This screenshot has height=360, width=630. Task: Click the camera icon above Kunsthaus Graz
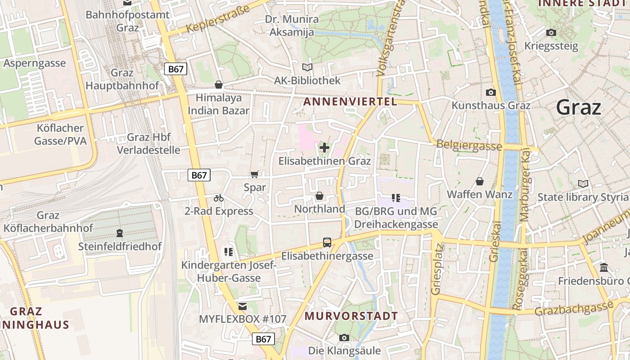click(x=491, y=93)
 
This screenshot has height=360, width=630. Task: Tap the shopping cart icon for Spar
click(x=255, y=174)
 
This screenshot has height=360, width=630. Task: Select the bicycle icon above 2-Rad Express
click(x=219, y=198)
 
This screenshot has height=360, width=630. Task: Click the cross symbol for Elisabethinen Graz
click(x=324, y=148)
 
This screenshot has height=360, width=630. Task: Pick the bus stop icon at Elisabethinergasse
click(x=327, y=243)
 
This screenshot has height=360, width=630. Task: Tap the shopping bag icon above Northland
click(x=319, y=196)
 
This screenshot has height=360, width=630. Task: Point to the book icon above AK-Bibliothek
click(x=307, y=67)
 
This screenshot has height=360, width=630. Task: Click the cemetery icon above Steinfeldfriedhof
click(x=120, y=233)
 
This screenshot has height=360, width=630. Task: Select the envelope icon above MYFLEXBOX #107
click(x=243, y=306)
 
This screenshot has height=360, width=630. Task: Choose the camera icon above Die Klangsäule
click(x=344, y=337)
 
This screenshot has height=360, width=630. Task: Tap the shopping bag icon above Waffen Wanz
click(x=480, y=181)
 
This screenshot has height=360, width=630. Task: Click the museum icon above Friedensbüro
click(x=604, y=268)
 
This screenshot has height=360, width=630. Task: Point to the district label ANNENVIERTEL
click(x=350, y=102)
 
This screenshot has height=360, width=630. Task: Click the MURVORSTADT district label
click(x=351, y=316)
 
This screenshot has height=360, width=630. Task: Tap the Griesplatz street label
click(x=436, y=269)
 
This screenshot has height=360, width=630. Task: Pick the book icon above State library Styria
click(x=583, y=184)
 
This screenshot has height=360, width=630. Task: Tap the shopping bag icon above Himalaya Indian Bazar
click(x=219, y=85)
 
